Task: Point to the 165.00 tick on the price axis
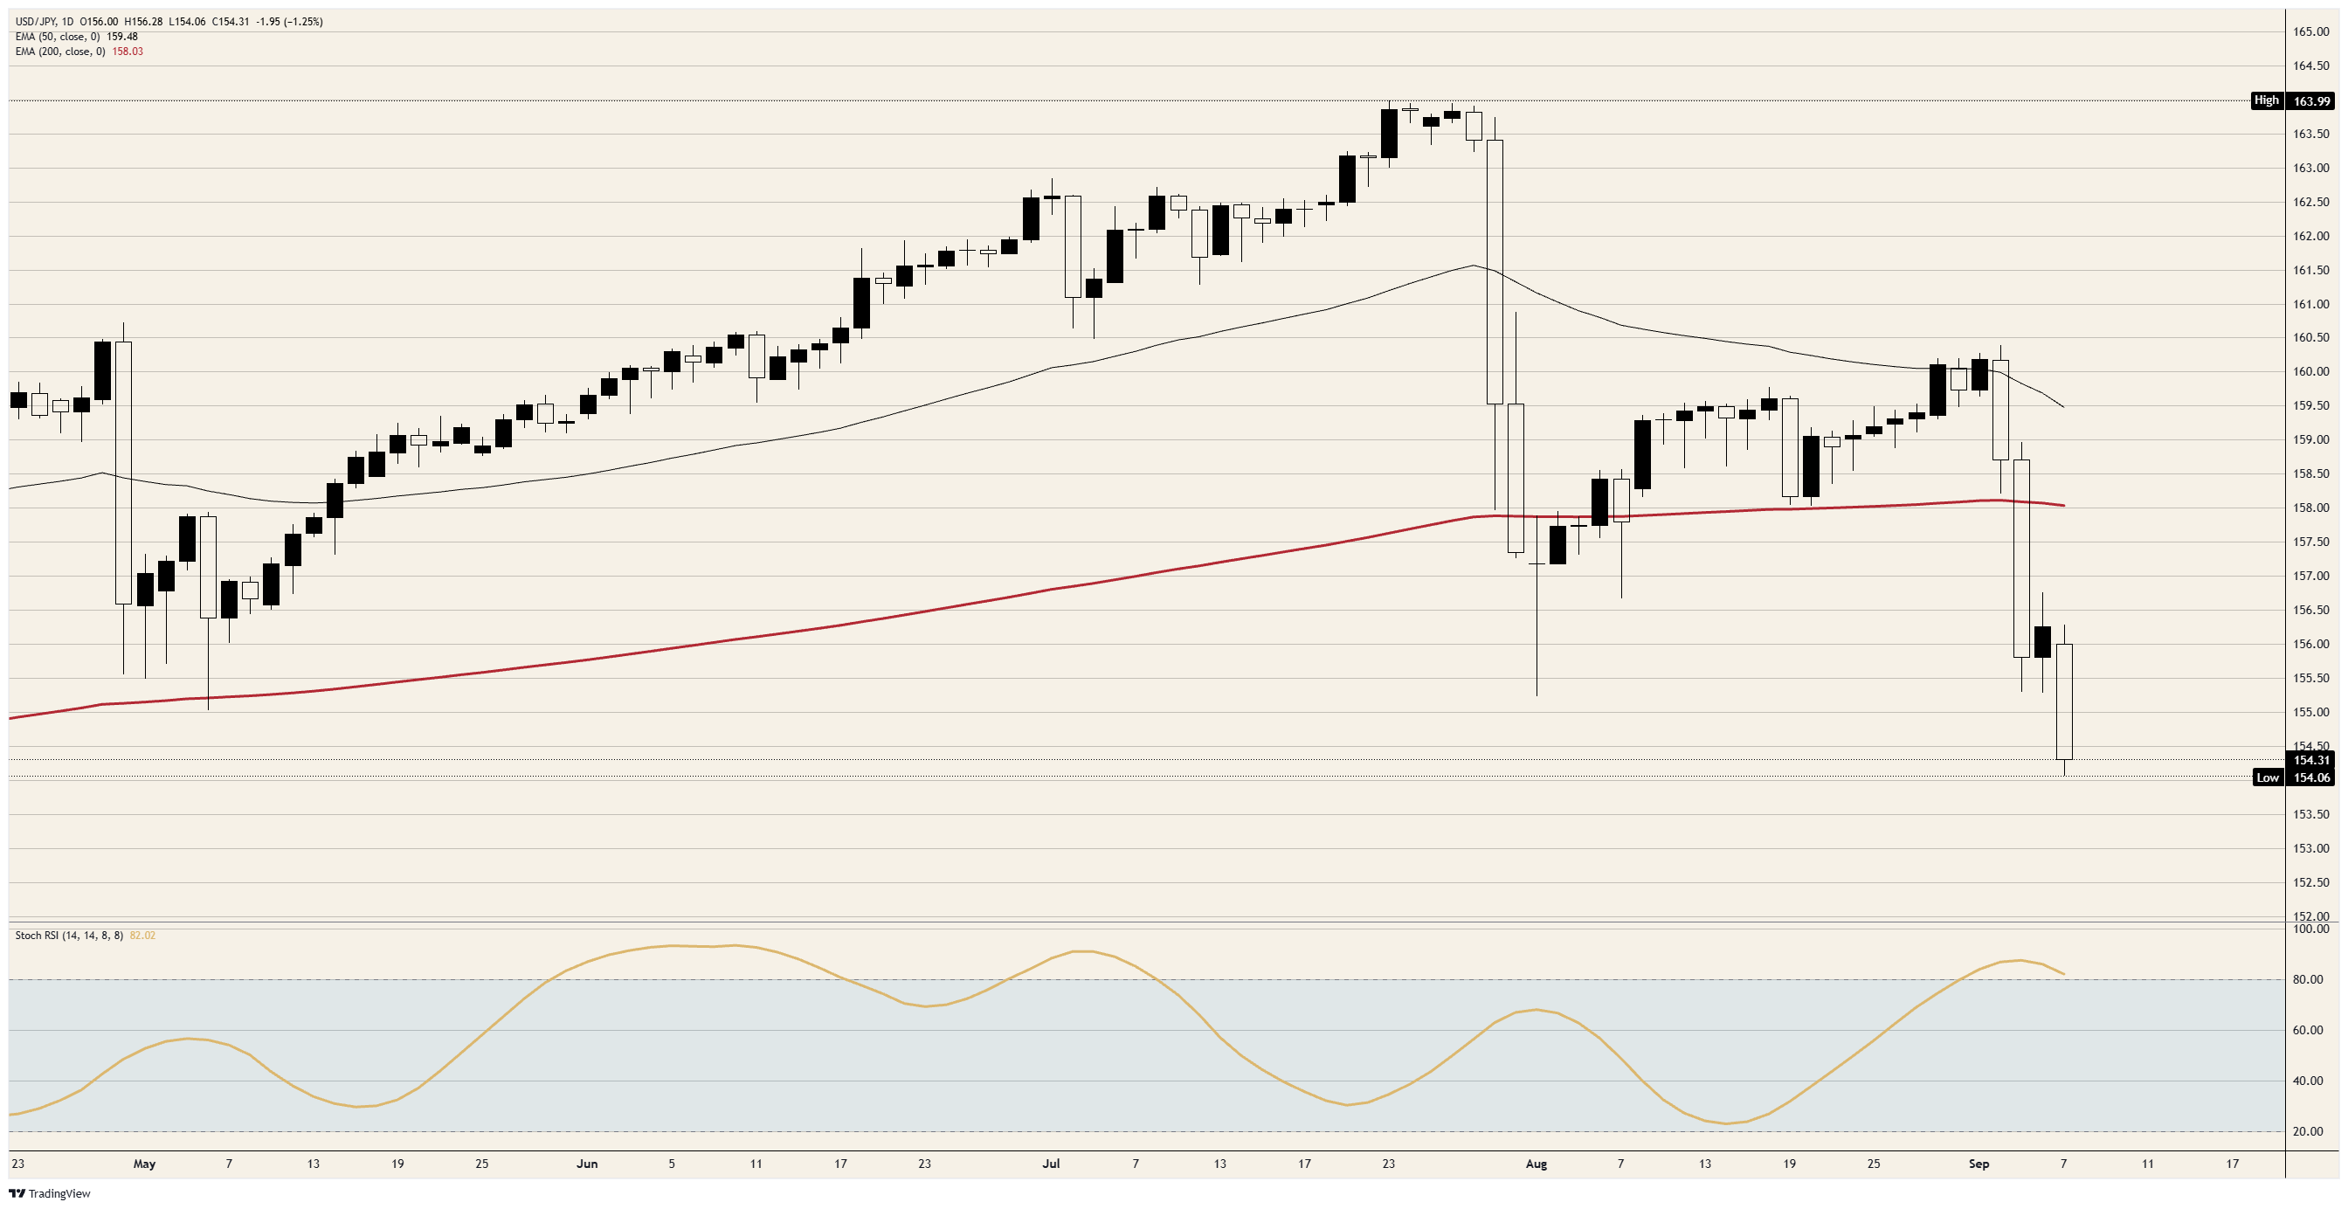click(2311, 32)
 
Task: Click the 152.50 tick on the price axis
click(2311, 882)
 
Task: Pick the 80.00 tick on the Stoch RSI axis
click(2307, 980)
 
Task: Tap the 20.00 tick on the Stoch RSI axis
click(2307, 1131)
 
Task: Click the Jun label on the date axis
click(587, 1164)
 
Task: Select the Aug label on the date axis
click(1537, 1164)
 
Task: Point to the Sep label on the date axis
click(1979, 1164)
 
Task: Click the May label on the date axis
click(144, 1164)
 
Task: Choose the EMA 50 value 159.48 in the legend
click(122, 37)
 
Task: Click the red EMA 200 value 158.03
click(128, 51)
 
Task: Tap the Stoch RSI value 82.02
click(142, 936)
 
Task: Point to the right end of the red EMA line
click(2064, 505)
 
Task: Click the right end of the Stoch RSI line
click(2064, 975)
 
